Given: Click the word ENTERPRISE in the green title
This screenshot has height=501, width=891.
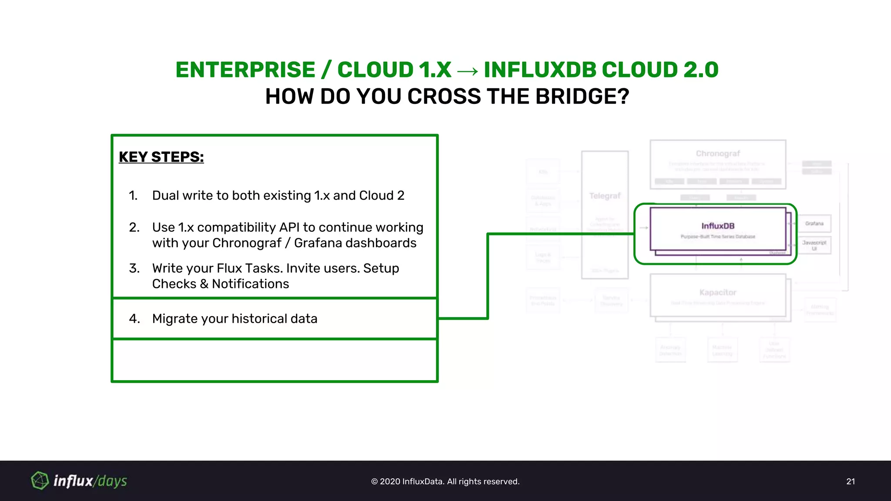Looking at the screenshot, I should pyautogui.click(x=245, y=70).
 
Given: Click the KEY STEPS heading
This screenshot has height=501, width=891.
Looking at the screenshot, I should pyautogui.click(x=161, y=157).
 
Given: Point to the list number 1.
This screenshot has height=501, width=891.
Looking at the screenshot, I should pyautogui.click(x=133, y=196).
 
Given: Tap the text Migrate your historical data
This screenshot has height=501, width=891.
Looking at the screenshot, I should pyautogui.click(x=234, y=319).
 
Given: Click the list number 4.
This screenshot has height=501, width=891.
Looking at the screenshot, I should pyautogui.click(x=134, y=319).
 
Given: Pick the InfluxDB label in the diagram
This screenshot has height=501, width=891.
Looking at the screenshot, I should pyautogui.click(x=717, y=226).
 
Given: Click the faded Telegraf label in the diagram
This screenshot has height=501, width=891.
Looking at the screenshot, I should pyautogui.click(x=605, y=196).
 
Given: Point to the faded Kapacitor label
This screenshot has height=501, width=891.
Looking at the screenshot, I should pyautogui.click(x=717, y=292).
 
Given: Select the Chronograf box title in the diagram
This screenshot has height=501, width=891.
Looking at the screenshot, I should pyautogui.click(x=717, y=154).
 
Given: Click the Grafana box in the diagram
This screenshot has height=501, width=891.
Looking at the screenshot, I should pyautogui.click(x=814, y=224).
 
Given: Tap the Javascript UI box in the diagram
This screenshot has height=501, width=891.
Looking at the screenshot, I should pyautogui.click(x=814, y=245).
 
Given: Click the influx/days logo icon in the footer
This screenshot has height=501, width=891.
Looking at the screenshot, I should pyautogui.click(x=40, y=481).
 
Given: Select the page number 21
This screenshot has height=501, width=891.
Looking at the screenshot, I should pyautogui.click(x=851, y=481).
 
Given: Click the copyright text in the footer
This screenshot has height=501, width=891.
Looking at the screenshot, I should pyautogui.click(x=445, y=481).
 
